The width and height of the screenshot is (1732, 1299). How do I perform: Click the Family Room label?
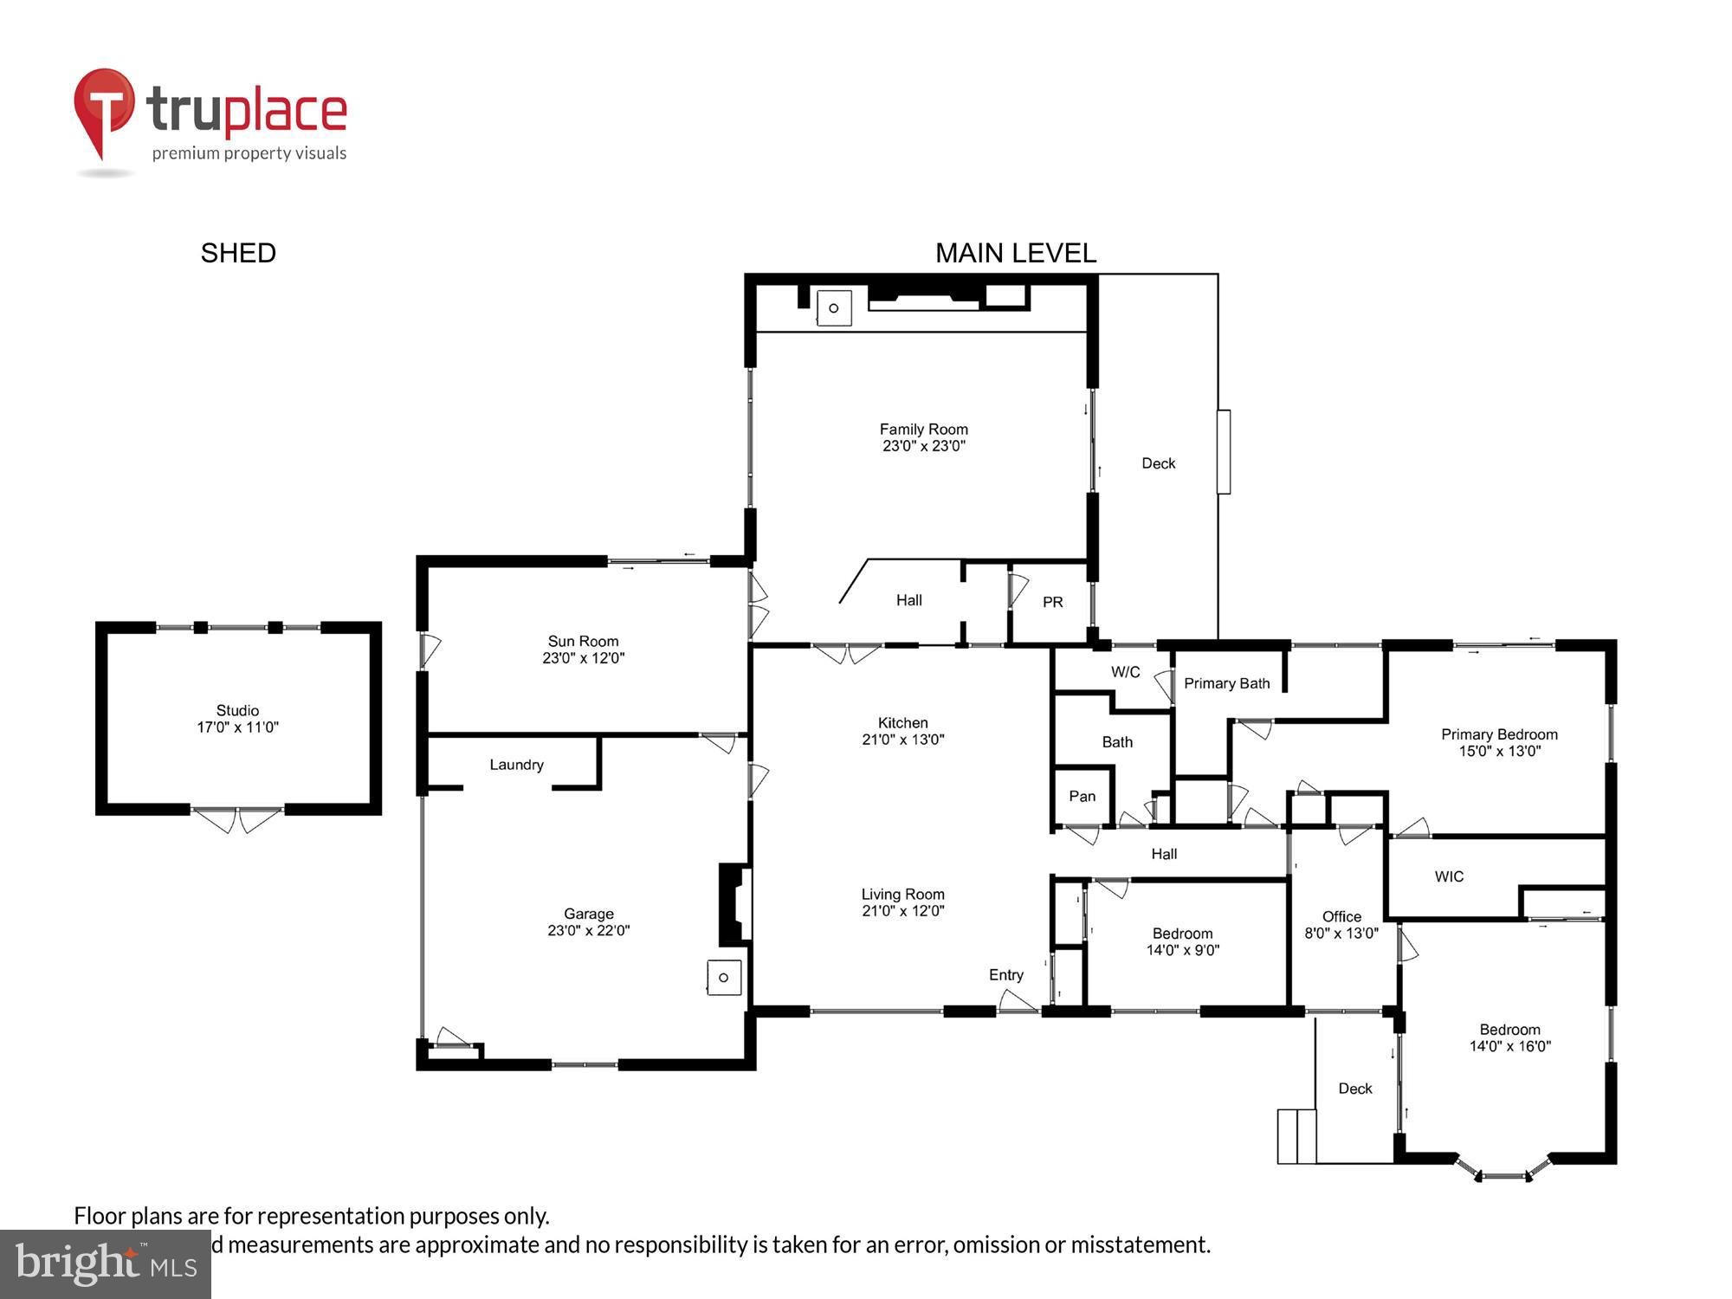(923, 429)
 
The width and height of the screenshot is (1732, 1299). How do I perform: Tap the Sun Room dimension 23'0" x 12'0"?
(583, 658)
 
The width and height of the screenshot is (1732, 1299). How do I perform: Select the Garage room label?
(589, 914)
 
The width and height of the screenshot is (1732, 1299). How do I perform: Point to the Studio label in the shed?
(237, 710)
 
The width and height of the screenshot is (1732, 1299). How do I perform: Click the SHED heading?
(238, 253)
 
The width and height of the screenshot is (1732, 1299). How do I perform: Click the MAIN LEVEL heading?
(1016, 253)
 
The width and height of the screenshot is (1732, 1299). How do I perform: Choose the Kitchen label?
(902, 722)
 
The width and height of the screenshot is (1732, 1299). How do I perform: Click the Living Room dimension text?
(902, 910)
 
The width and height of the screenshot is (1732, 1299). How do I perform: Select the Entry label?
(1006, 975)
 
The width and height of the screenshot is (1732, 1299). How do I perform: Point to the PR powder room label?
(1053, 602)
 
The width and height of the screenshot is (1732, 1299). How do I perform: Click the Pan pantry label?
(1082, 796)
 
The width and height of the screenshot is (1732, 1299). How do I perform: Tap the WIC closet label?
(1449, 876)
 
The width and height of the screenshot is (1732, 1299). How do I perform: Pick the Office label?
(1341, 916)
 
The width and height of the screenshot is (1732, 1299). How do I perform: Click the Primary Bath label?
(1226, 683)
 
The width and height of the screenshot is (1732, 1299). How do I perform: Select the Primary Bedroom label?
(1499, 734)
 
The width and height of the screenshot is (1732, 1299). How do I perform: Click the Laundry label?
(516, 765)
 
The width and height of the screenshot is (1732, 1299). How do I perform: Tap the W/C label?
(1125, 672)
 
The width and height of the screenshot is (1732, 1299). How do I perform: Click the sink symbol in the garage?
(724, 978)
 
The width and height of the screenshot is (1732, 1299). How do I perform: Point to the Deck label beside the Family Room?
(1158, 463)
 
